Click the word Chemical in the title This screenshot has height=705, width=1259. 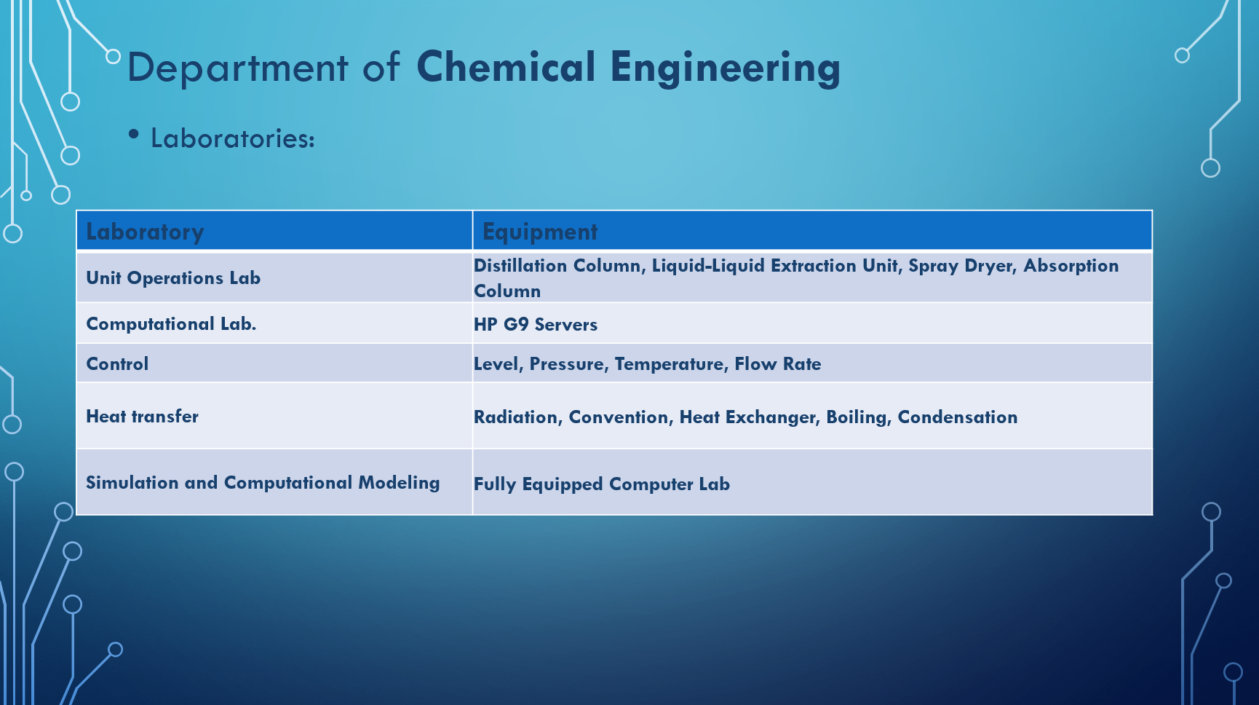click(x=507, y=67)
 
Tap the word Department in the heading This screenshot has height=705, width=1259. click(x=238, y=68)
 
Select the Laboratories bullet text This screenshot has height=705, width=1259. click(x=233, y=138)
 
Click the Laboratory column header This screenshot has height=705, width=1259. click(x=145, y=232)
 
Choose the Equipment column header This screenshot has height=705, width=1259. click(x=540, y=232)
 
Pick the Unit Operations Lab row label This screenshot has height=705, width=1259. click(x=173, y=278)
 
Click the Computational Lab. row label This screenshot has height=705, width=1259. click(x=171, y=324)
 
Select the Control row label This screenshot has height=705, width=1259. click(x=117, y=364)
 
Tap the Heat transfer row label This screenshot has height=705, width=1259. click(x=142, y=417)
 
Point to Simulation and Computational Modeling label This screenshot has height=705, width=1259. click(x=263, y=483)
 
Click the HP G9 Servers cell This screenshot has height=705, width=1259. click(x=536, y=325)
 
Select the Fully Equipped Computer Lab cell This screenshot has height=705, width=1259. click(x=602, y=484)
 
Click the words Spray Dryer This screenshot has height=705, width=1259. click(x=961, y=266)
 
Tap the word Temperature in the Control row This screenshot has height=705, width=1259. click(x=670, y=364)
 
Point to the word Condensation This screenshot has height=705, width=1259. click(x=958, y=417)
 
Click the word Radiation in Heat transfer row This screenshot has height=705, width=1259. click(x=517, y=417)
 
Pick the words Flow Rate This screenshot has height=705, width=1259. click(x=778, y=364)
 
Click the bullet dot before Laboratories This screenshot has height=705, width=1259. click(x=133, y=134)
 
